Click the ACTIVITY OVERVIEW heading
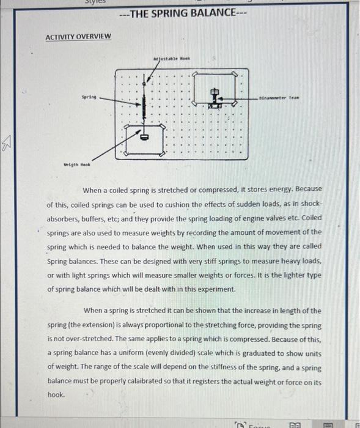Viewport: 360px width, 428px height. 78,37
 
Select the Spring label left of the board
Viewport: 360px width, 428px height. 89,97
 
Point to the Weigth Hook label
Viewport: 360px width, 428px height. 78,164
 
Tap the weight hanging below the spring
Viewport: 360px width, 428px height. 145,136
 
